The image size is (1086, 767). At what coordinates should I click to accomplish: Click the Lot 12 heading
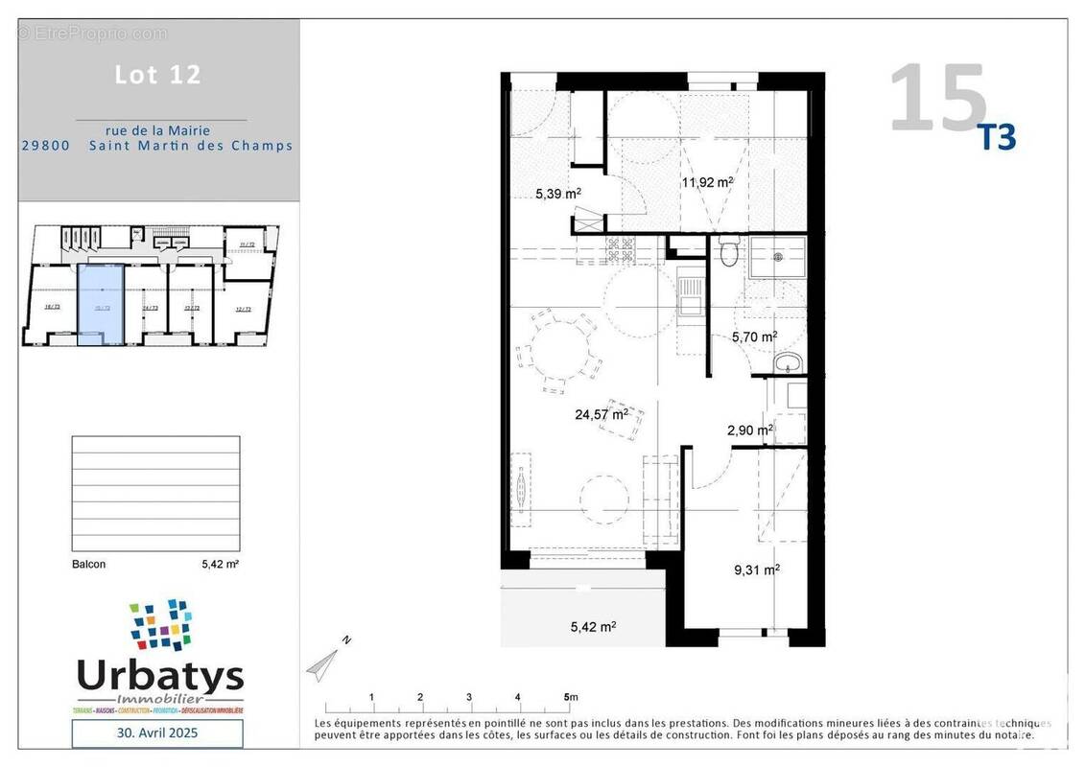[158, 75]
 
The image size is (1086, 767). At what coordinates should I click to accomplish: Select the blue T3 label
[996, 138]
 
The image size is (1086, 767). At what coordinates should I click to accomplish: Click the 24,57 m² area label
[602, 414]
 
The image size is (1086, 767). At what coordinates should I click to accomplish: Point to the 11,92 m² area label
[707, 180]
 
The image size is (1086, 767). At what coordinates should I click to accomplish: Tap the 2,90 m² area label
[749, 430]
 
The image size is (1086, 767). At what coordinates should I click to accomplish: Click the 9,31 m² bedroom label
[756, 569]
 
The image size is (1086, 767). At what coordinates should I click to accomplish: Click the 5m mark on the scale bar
[570, 697]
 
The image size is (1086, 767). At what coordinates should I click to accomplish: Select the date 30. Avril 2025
[158, 733]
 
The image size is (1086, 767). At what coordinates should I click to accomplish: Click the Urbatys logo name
[159, 677]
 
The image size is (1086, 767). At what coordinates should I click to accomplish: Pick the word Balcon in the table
[89, 565]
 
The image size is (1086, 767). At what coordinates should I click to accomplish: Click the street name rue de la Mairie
[158, 130]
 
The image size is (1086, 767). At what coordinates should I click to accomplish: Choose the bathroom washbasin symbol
[789, 361]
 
